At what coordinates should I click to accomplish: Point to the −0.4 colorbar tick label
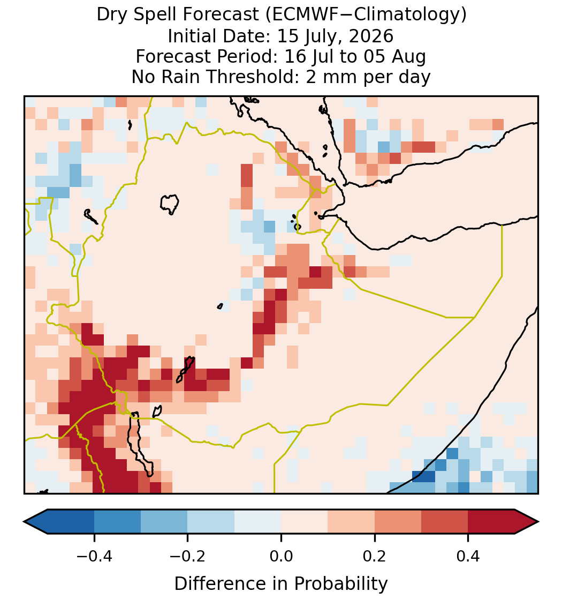pyautogui.click(x=94, y=556)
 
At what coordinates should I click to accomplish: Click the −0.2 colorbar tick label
pyautogui.click(x=187, y=556)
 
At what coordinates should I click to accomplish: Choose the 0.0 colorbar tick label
pyautogui.click(x=281, y=556)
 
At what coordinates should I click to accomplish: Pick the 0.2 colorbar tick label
pyautogui.click(x=375, y=556)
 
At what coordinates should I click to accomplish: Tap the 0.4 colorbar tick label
pyautogui.click(x=468, y=556)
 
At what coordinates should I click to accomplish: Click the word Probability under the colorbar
pyautogui.click(x=341, y=584)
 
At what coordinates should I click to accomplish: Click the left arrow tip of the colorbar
pyautogui.click(x=24, y=522)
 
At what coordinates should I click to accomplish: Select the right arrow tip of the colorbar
pyautogui.click(x=539, y=522)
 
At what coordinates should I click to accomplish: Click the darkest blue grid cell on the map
pyautogui.click(x=423, y=476)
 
